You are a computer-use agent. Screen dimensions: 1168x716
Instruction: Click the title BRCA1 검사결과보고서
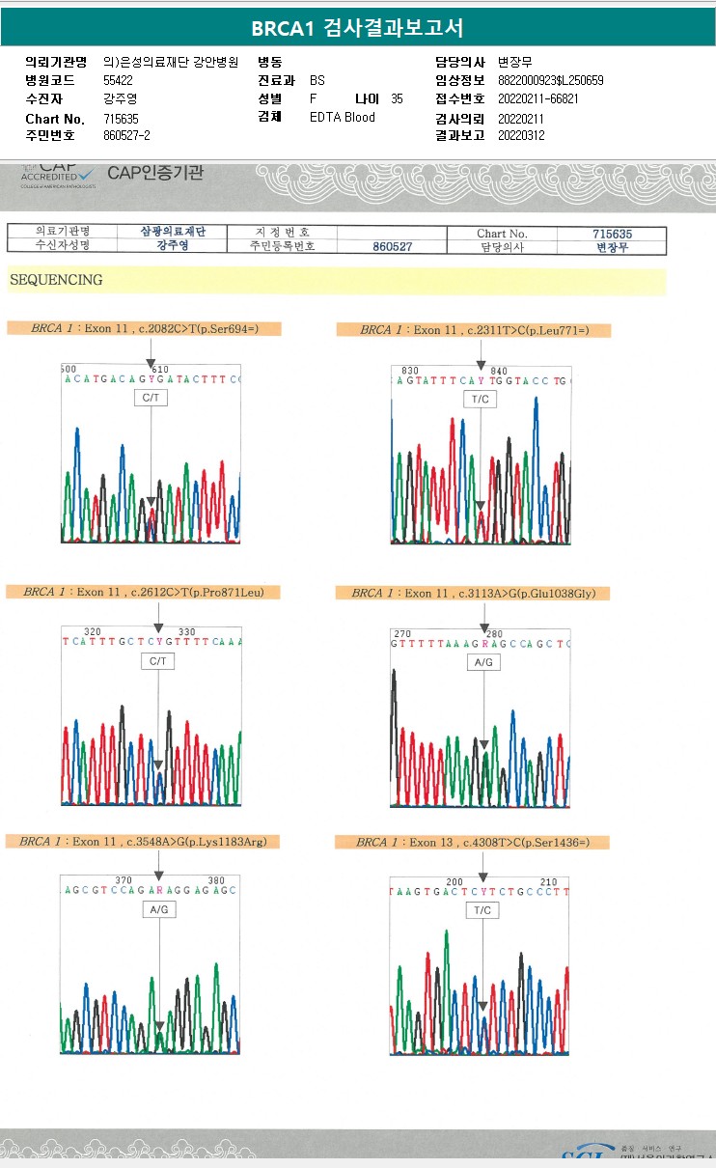tap(357, 28)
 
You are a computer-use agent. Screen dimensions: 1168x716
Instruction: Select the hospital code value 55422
tap(120, 80)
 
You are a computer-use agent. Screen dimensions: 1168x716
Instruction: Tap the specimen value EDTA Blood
tap(343, 117)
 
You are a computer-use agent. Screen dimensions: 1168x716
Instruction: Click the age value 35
tap(397, 98)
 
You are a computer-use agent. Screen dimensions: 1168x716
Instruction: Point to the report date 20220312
tap(521, 135)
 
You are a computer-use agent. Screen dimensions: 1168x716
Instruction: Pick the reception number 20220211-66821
tap(538, 98)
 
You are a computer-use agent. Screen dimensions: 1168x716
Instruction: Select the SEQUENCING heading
tap(56, 280)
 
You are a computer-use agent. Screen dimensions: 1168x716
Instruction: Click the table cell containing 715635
tap(612, 234)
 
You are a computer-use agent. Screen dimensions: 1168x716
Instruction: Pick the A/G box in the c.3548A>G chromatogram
tap(159, 909)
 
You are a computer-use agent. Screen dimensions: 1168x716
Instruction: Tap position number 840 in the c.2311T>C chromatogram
tap(499, 371)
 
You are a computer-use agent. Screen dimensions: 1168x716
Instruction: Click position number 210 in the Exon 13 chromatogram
tap(548, 882)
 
